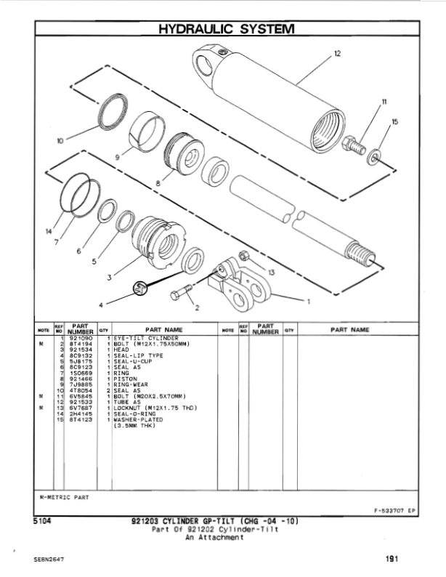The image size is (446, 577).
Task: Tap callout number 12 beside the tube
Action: [336, 55]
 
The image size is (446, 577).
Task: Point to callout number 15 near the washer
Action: [394, 122]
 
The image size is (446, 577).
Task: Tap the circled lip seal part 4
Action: [140, 288]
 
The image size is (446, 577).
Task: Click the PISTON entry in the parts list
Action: [126, 379]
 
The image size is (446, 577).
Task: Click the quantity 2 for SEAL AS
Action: [108, 391]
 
